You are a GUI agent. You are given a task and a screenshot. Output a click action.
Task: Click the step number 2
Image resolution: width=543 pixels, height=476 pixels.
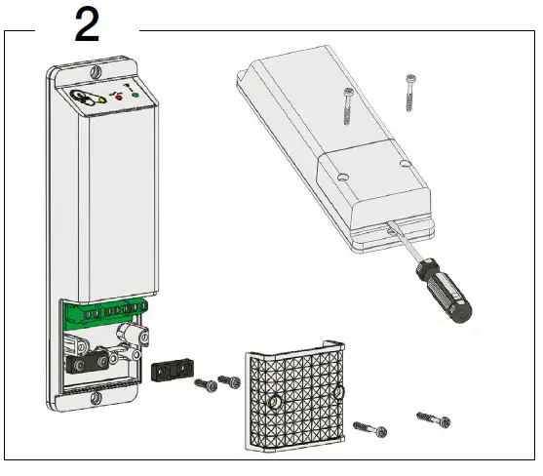88,24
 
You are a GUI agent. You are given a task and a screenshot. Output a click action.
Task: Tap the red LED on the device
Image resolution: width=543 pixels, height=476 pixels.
119,98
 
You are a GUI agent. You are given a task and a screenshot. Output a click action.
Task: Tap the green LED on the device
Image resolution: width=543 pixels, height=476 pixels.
136,96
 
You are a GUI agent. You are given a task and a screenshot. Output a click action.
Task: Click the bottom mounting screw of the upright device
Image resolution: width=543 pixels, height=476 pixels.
94,397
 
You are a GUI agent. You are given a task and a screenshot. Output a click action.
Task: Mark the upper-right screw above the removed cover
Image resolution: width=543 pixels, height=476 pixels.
409,97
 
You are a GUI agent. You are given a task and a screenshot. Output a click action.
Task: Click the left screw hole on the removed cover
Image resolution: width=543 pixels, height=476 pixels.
341,178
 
